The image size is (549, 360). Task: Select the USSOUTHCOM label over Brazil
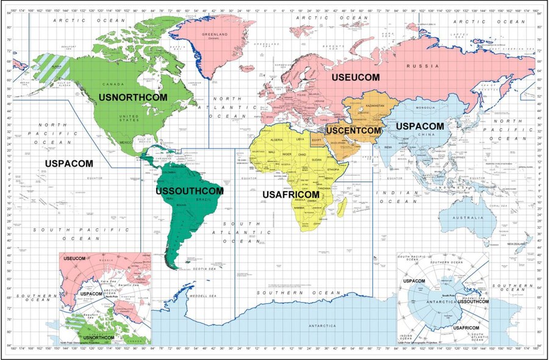pyautogui.click(x=190, y=191)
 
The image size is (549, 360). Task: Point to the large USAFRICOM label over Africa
pyautogui.click(x=291, y=194)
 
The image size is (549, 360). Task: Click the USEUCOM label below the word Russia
pyautogui.click(x=356, y=77)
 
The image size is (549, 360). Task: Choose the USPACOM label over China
pyautogui.click(x=420, y=126)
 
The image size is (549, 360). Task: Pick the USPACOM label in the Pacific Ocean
pyautogui.click(x=69, y=164)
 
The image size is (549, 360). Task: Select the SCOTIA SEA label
pyautogui.click(x=203, y=269)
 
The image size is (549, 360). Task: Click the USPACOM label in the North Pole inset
pyautogui.click(x=91, y=294)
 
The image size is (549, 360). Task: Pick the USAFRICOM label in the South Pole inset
pyautogui.click(x=466, y=328)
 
